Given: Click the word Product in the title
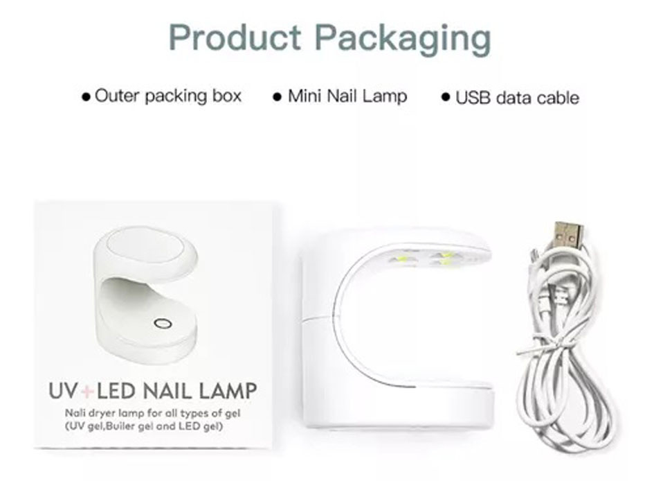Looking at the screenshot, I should click(x=236, y=38).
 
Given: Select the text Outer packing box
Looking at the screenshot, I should click(x=168, y=96).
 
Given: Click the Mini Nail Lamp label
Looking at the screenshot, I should click(x=347, y=96).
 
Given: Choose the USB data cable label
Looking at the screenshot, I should click(x=517, y=98).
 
